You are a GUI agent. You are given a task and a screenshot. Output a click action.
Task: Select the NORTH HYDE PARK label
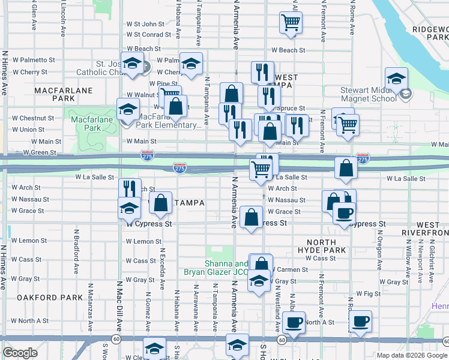[x=321, y=245]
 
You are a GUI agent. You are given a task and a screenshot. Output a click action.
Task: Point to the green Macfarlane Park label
[x=83, y=128]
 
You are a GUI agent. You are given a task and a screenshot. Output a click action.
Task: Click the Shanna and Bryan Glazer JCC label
[x=226, y=268]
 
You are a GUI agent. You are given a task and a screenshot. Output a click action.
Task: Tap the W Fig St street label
[x=368, y=294]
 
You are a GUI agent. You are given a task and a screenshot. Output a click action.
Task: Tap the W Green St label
[x=39, y=152]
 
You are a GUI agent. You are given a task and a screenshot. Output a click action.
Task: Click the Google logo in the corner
[x=20, y=353]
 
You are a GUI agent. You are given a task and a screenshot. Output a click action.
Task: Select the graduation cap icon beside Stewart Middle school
[x=396, y=79]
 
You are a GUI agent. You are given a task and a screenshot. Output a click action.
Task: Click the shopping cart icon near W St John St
[x=291, y=23]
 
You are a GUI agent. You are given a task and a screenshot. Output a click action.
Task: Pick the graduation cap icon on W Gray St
[x=259, y=281]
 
